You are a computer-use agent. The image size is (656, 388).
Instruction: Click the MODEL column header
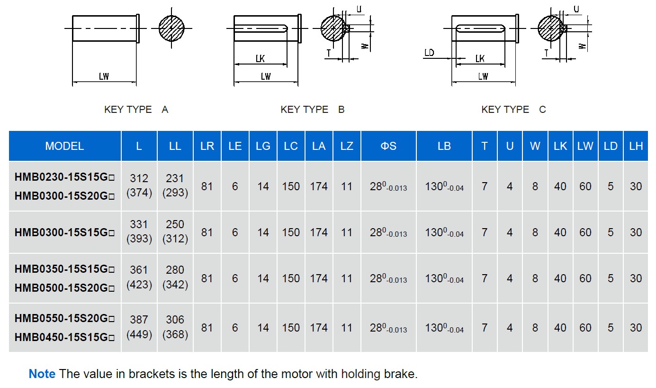(64, 146)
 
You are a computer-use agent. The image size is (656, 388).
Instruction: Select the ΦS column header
(388, 146)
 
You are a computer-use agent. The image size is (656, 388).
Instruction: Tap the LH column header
(636, 146)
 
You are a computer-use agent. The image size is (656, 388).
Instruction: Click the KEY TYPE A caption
(136, 110)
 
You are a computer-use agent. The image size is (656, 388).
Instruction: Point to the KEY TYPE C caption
(514, 110)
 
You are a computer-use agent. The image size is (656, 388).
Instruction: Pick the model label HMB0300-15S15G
(64, 232)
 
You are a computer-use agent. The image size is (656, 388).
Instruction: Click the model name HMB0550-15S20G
(64, 318)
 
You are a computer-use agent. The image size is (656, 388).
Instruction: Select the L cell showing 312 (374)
(139, 185)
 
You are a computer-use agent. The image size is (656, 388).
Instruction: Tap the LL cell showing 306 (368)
(175, 327)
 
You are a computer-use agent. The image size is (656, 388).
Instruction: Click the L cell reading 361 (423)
(139, 277)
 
